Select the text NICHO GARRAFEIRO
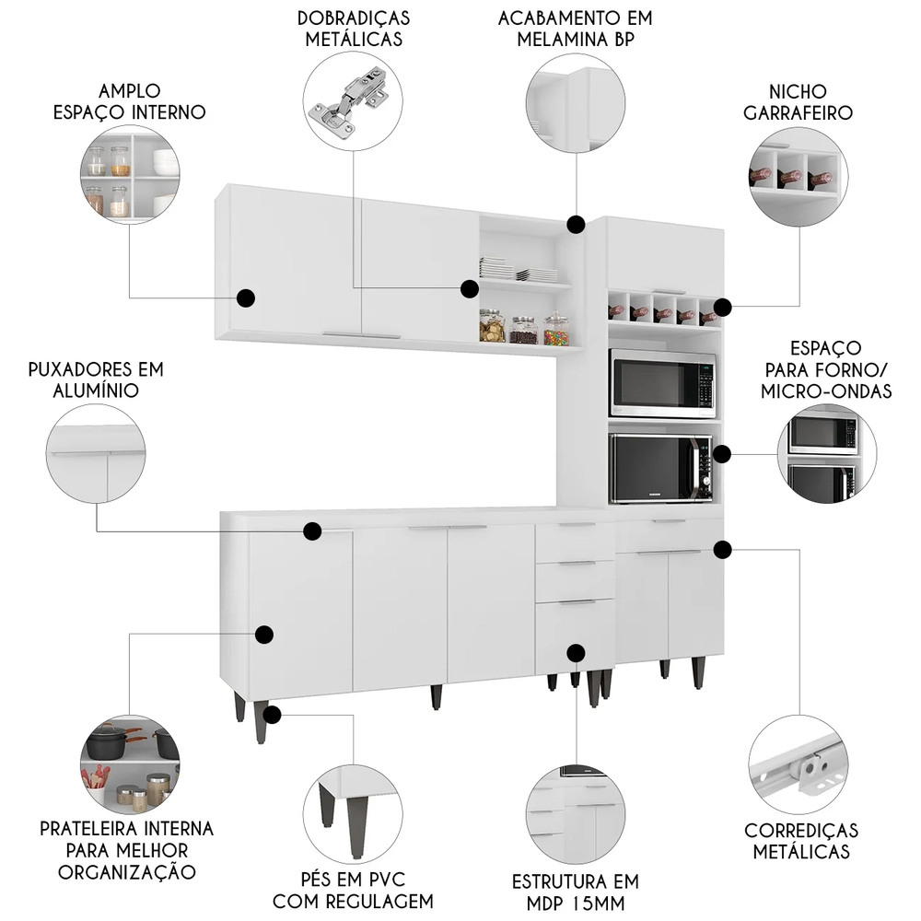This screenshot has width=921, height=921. [x=798, y=102]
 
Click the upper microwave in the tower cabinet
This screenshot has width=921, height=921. [x=662, y=384]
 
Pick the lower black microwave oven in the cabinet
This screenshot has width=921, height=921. [x=661, y=468]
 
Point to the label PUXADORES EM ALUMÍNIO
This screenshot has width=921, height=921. [x=96, y=379]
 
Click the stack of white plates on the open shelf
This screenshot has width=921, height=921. [x=497, y=268]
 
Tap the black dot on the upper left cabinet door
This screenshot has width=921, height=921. [x=246, y=297]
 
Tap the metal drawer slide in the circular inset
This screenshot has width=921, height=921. [x=798, y=767]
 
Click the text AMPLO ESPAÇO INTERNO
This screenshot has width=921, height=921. [x=130, y=101]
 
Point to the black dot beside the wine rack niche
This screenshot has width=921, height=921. [x=722, y=307]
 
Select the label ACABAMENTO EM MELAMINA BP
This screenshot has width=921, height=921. [x=577, y=29]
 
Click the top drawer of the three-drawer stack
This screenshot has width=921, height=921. [x=575, y=541]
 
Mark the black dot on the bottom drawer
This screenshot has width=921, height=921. [x=577, y=653]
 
